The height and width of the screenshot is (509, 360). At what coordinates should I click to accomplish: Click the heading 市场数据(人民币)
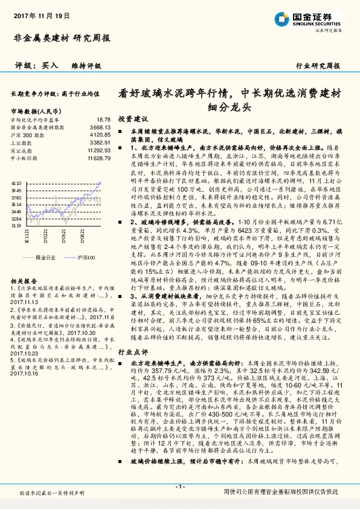pyautogui.click(x=36, y=112)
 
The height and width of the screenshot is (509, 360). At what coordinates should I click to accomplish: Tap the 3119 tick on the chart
pyautogui.click(x=16, y=225)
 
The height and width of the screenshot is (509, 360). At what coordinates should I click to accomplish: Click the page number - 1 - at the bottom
pyautogui.click(x=179, y=486)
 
